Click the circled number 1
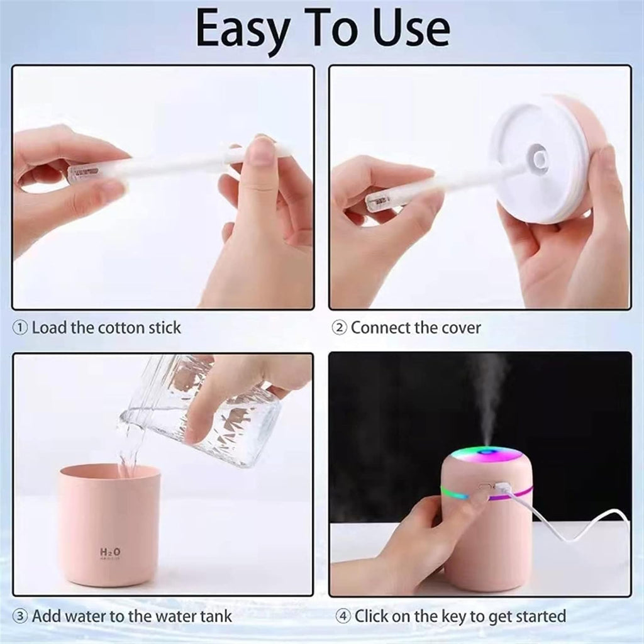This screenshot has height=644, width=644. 20,328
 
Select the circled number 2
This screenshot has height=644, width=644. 339,328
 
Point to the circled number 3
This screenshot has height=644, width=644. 20,616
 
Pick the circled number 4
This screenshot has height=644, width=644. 343,616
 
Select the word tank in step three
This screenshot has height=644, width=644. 216,616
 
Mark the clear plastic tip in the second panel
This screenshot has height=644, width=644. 380,201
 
